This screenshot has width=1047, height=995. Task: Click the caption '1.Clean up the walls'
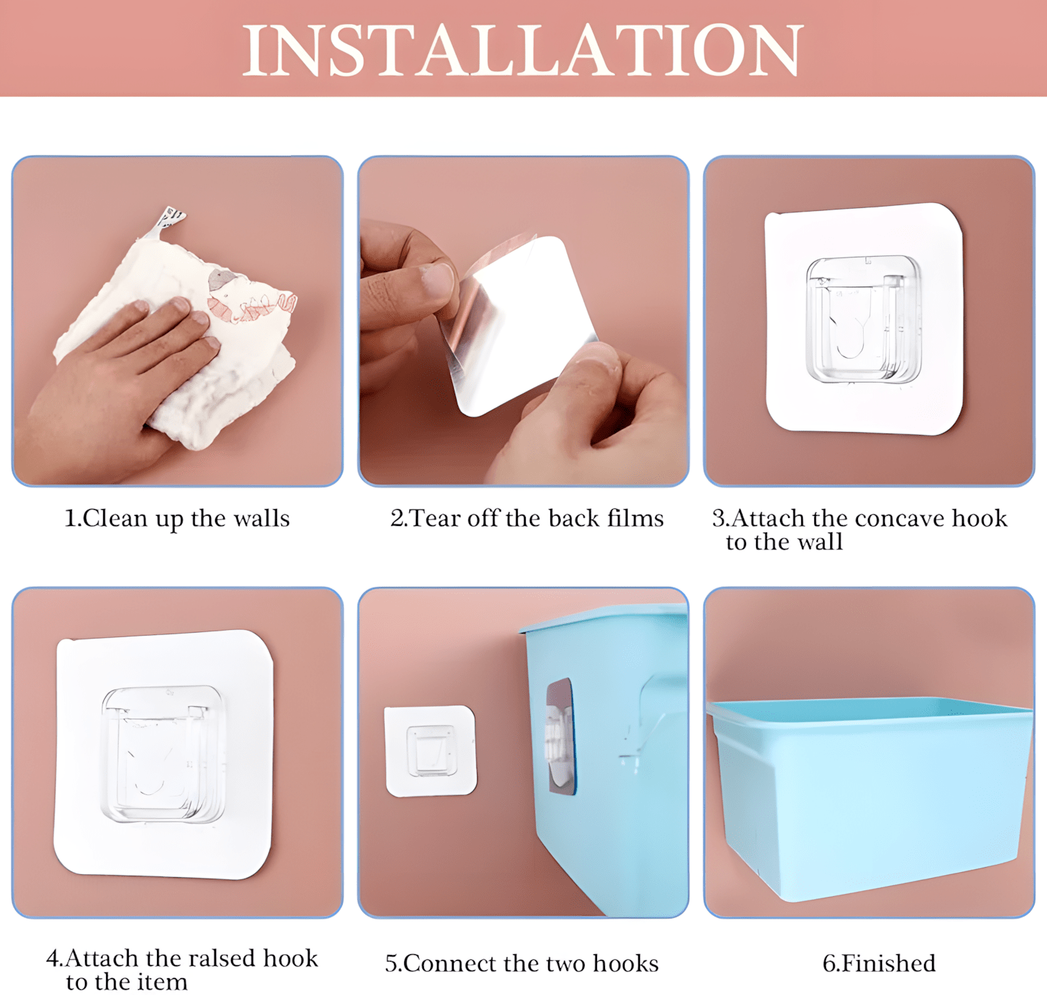(x=177, y=518)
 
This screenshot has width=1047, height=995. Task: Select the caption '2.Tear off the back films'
(x=526, y=518)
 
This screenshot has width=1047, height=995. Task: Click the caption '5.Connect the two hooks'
(x=522, y=963)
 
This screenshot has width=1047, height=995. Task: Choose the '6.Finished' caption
(x=879, y=963)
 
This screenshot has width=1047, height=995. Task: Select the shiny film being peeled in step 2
(x=519, y=325)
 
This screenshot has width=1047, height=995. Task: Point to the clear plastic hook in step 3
(x=863, y=319)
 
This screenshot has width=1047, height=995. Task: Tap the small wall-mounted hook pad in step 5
(x=430, y=751)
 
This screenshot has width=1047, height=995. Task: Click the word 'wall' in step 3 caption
(x=821, y=542)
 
